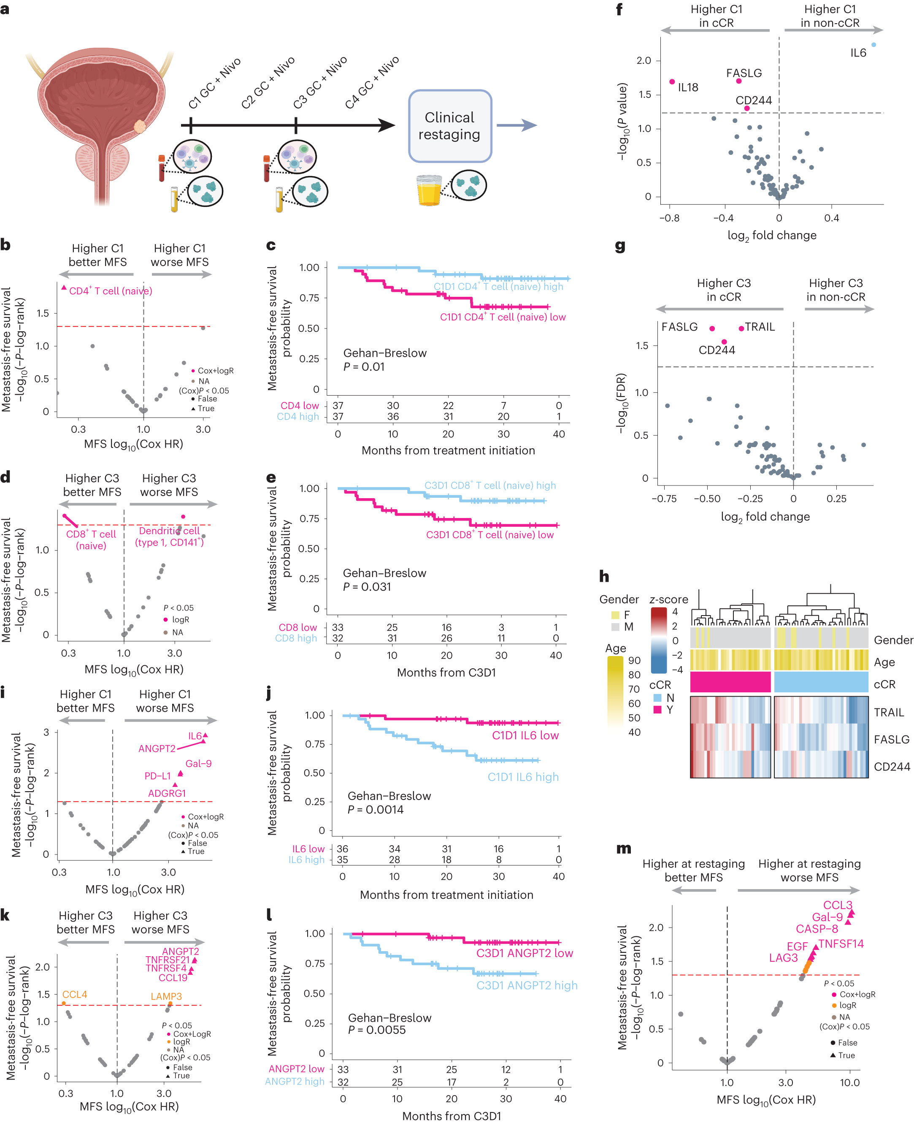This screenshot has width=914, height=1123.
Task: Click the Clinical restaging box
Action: (450, 126)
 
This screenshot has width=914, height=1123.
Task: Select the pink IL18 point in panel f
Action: (672, 81)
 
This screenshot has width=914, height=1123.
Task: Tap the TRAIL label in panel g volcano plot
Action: (759, 327)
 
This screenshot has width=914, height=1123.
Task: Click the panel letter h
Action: (604, 576)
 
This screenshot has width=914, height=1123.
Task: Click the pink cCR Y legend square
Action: (657, 710)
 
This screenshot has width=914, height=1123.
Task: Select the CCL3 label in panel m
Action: (837, 904)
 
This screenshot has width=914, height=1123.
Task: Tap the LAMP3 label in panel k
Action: (166, 996)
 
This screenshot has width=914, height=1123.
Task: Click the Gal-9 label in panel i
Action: (198, 763)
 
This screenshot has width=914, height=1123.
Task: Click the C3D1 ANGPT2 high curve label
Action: (527, 985)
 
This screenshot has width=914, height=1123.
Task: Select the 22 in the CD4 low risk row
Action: (448, 405)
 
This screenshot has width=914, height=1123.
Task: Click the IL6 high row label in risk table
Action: (306, 860)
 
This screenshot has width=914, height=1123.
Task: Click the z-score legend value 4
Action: (675, 612)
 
